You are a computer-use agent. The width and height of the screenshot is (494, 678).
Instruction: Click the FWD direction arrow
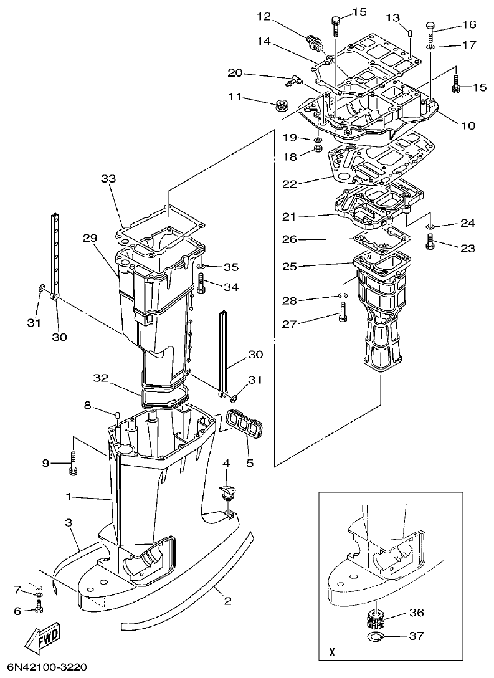43,638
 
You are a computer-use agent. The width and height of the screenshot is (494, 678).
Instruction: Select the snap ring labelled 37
374,636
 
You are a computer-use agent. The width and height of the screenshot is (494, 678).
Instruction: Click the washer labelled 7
39,597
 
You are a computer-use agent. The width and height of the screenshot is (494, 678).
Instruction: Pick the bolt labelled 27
343,316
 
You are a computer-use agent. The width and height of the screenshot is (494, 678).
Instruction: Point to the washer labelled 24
430,227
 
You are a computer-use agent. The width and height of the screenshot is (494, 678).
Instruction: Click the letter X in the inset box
331,653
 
